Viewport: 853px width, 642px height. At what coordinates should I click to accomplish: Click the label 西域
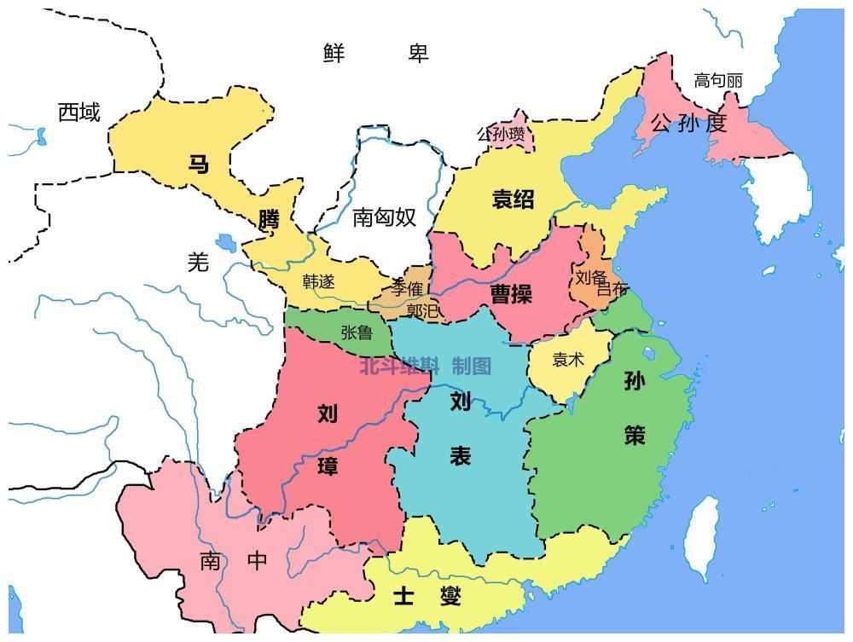click(x=78, y=113)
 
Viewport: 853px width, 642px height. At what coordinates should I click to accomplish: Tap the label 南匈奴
click(x=384, y=217)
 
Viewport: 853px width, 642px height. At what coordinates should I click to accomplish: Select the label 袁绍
click(x=513, y=200)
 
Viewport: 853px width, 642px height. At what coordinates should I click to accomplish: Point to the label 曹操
click(x=511, y=294)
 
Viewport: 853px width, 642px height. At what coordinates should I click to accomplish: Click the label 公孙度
click(x=688, y=124)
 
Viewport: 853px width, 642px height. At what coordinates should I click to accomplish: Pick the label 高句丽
click(x=717, y=81)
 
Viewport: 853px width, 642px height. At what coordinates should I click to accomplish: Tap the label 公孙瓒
click(x=501, y=134)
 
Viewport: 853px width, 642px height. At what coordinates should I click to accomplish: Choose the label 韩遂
click(x=319, y=281)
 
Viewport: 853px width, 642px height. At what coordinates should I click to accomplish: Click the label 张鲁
click(x=357, y=333)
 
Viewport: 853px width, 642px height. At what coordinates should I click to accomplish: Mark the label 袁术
click(x=568, y=360)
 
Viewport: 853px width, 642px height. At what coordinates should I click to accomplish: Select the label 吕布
click(x=612, y=290)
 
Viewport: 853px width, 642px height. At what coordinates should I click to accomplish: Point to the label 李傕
click(x=408, y=287)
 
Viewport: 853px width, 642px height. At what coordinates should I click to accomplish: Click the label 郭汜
click(x=422, y=311)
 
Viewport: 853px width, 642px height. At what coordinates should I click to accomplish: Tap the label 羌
click(x=198, y=263)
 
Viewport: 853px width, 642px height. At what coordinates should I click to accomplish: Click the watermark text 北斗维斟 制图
click(x=425, y=367)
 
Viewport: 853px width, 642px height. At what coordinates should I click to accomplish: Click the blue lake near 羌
click(x=226, y=243)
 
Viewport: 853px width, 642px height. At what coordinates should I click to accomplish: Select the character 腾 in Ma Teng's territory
click(x=269, y=220)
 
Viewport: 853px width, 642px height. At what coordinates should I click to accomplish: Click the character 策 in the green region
click(x=635, y=436)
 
